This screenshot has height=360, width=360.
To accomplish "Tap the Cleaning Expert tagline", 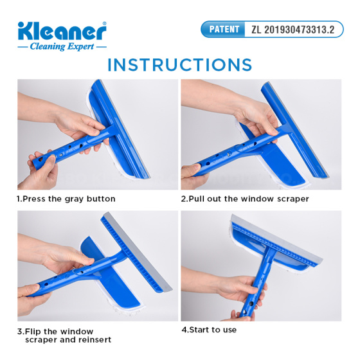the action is [62, 46].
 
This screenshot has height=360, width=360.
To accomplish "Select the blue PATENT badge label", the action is [224, 29].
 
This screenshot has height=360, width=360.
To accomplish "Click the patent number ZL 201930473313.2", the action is [292, 30].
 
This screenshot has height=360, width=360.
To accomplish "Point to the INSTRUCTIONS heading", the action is [180, 65].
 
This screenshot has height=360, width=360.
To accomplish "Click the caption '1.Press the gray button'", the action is [66, 199].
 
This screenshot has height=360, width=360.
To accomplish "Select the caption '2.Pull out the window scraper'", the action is [245, 199].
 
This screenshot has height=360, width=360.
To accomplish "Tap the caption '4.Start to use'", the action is [209, 330].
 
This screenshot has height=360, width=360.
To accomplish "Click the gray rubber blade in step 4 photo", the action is [276, 239].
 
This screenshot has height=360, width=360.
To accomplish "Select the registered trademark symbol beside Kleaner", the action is [104, 23].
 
